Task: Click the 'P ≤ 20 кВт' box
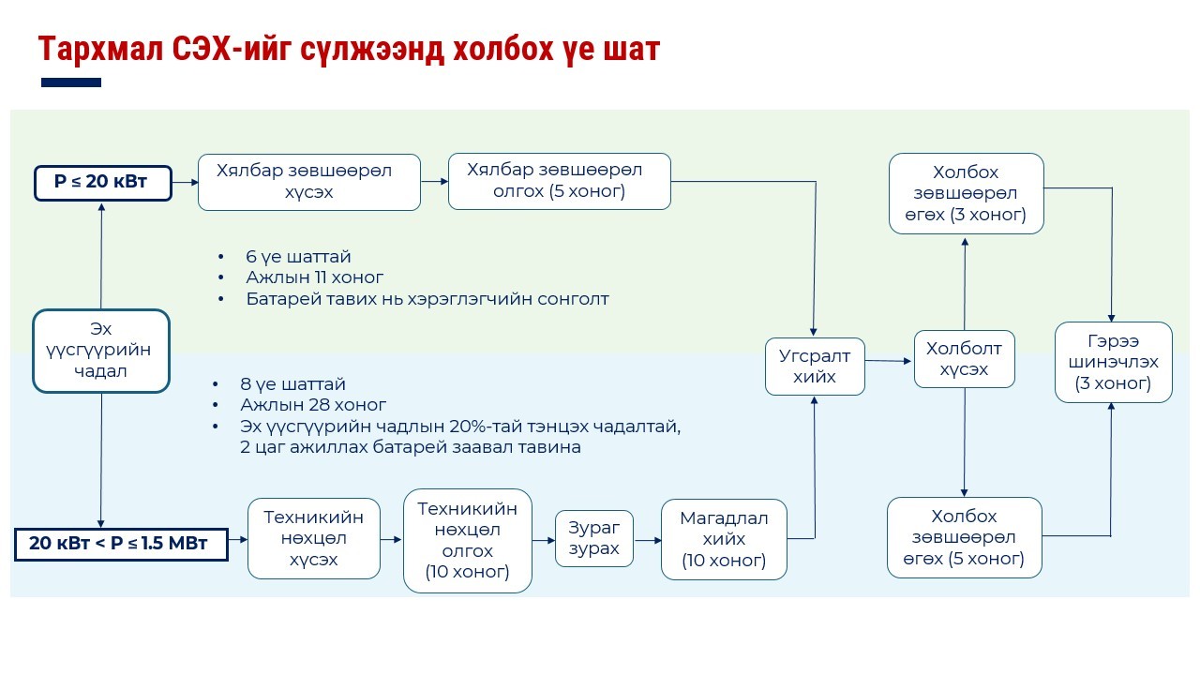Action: pos(103,182)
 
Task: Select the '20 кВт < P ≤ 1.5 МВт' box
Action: pos(121,544)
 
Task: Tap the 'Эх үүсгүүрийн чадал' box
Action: pos(101,351)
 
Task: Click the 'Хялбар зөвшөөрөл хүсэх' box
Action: pos(308,182)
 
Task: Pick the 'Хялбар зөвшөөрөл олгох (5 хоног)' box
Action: pos(559,181)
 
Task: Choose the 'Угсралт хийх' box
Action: pos(815,367)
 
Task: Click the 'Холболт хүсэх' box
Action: pos(965,359)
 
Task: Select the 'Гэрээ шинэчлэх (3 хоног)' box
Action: pos(1113,362)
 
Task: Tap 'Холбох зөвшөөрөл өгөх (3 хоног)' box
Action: pos(966,193)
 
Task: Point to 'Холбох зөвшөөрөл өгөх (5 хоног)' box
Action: pos(964,538)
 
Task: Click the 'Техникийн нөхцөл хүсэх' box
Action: pos(314,538)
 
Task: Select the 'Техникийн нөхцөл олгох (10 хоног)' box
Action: pos(467,540)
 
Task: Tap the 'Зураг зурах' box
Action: pos(594,538)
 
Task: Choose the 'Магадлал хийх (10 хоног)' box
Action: pos(724,540)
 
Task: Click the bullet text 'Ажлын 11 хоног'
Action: pos(314,277)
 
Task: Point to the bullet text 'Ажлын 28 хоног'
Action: pos(313,405)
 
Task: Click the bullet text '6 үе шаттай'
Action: pos(298,256)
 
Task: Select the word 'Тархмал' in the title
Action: pos(99,49)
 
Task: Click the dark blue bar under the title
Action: pos(71,82)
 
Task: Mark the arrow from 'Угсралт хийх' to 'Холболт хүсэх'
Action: pos(889,360)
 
